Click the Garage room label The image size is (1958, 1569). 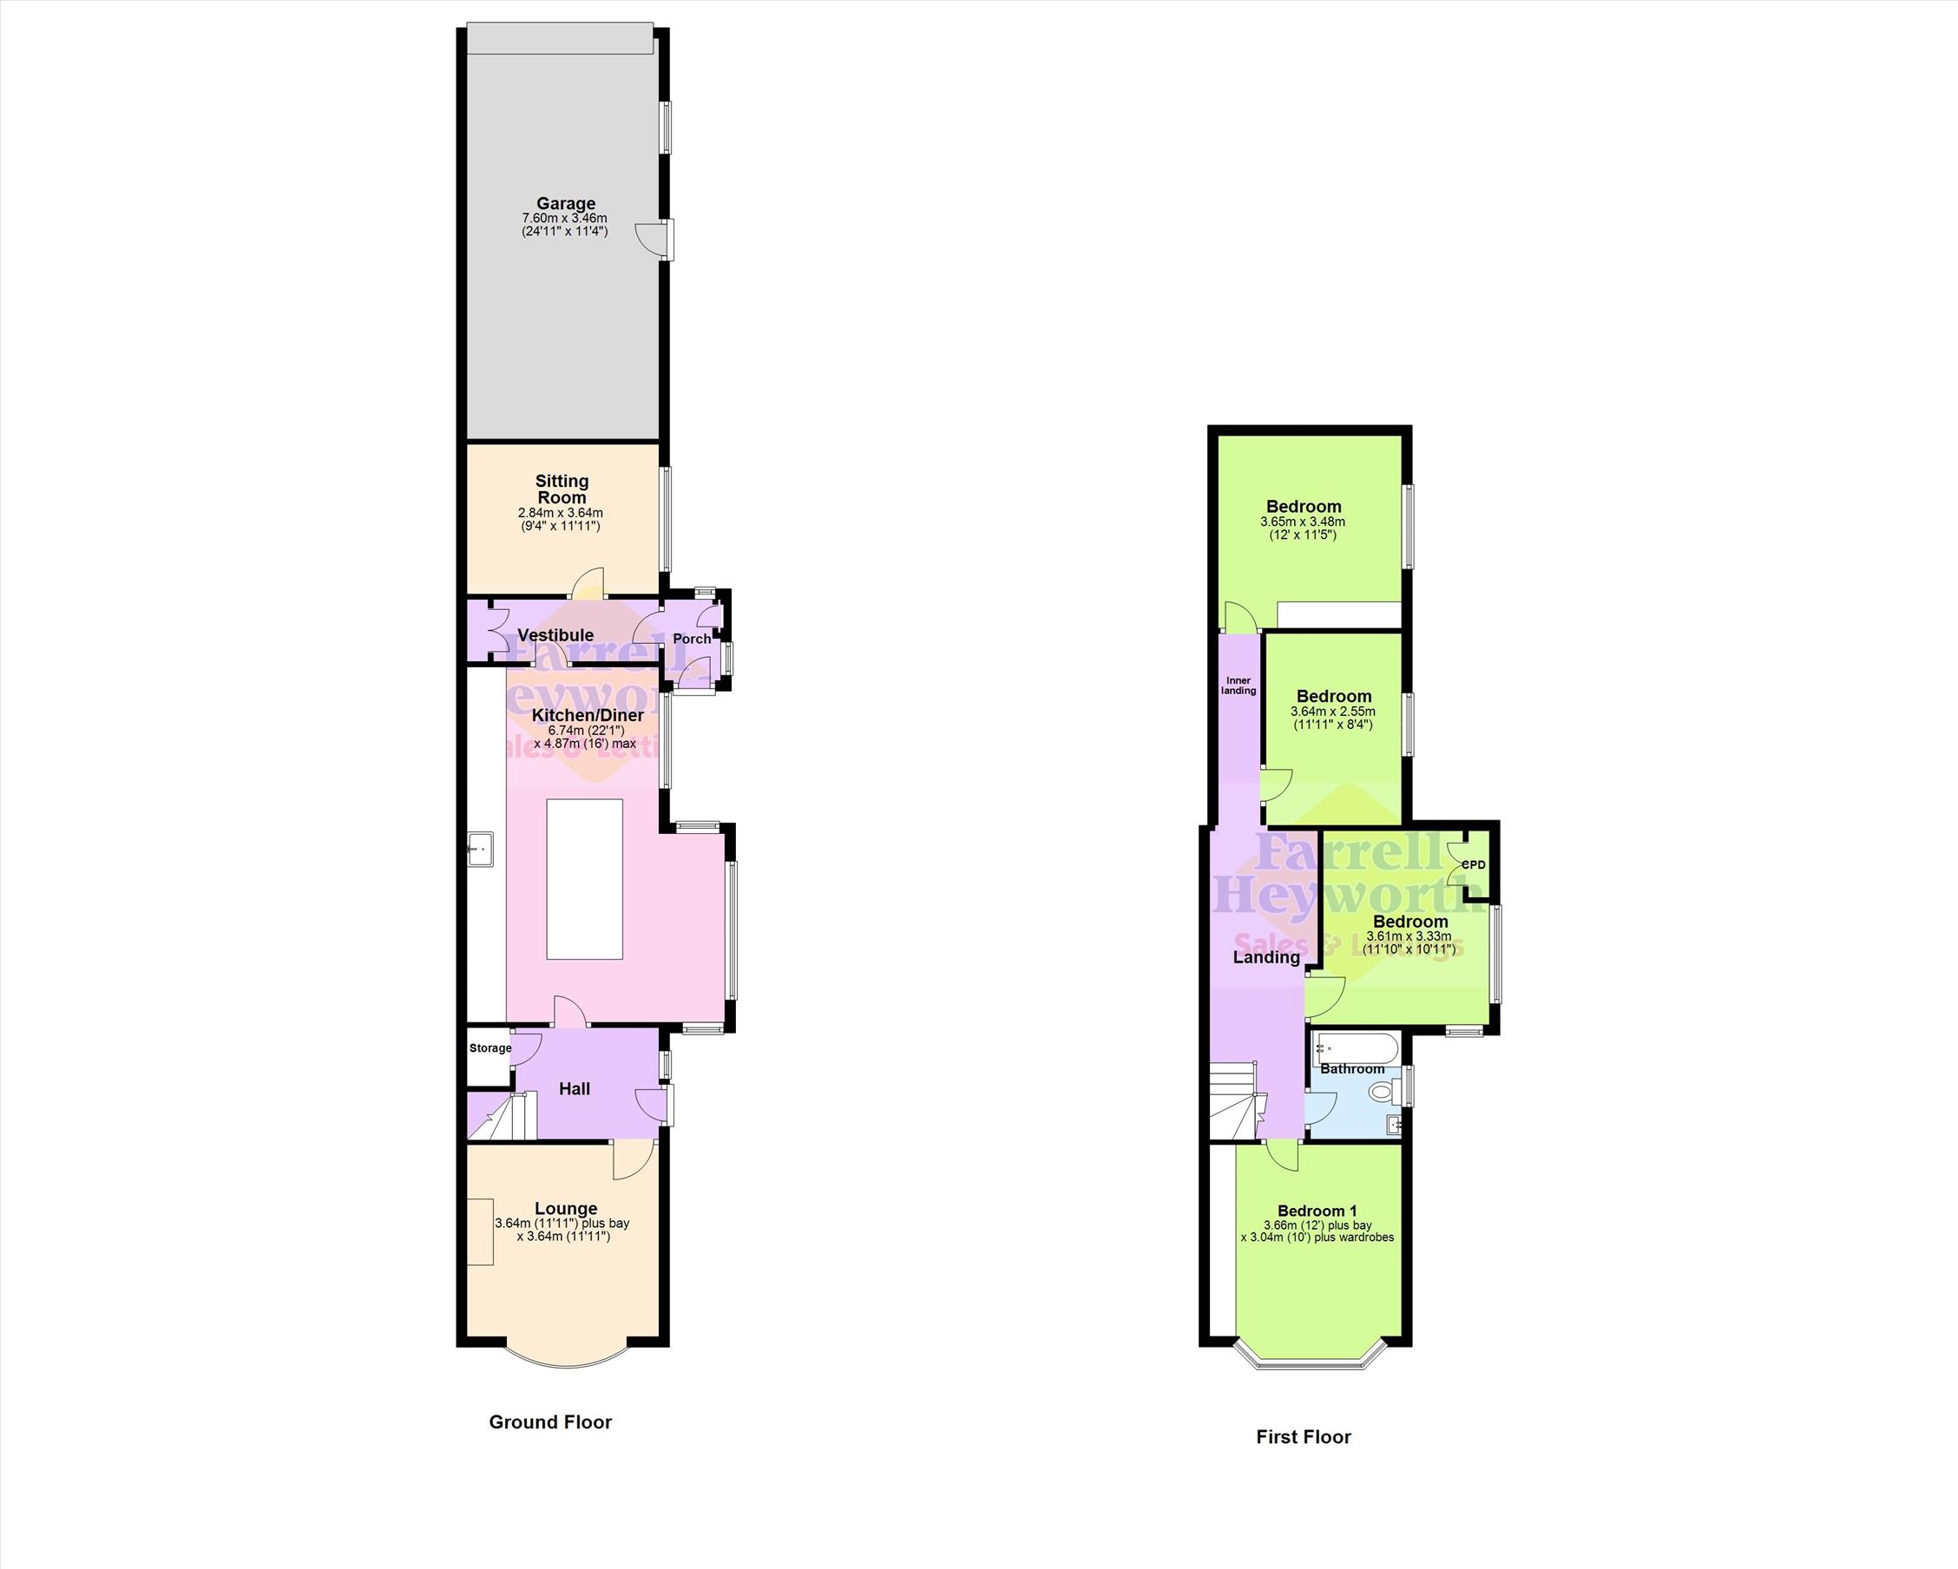566,203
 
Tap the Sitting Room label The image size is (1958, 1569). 562,489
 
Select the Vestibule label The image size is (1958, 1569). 555,634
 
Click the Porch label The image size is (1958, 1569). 692,639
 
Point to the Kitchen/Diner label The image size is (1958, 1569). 588,714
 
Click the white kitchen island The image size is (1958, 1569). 585,879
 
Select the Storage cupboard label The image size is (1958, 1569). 490,1047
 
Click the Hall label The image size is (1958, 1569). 575,1089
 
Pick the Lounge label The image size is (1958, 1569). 566,1209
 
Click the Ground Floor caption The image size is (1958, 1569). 550,1421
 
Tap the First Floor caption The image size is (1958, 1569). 1304,1436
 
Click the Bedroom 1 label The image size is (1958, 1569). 1317,1211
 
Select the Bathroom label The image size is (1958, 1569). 1352,1068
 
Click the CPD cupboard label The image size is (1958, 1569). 1473,864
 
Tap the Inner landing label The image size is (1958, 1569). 1239,686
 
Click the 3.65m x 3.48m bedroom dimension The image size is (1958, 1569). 1303,522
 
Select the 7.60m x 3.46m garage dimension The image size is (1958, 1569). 564,218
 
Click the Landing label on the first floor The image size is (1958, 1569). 1266,957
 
